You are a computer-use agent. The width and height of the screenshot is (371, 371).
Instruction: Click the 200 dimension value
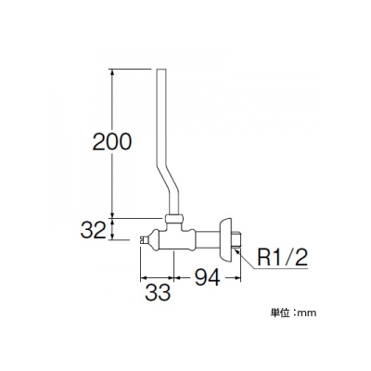(112, 142)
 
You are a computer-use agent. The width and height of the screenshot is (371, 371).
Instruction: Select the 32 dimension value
(93, 230)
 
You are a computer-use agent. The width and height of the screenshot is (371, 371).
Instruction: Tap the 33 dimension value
(158, 292)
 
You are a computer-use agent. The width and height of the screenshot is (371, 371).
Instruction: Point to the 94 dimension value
(207, 277)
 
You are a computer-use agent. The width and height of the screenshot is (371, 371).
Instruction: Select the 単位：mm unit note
(294, 313)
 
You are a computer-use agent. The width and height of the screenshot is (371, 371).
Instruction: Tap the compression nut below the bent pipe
(173, 220)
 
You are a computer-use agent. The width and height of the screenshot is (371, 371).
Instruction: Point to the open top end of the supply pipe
(161, 70)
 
